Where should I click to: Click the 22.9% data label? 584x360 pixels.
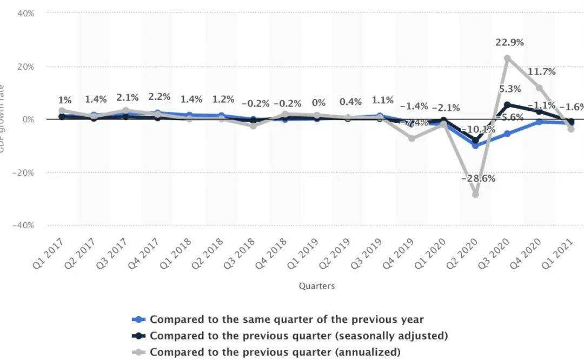[509, 43]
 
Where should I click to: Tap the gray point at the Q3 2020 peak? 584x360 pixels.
[507, 58]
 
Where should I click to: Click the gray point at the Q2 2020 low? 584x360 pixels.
[475, 194]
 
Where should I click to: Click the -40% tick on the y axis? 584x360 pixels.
[24, 225]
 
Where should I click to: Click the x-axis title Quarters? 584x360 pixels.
[316, 286]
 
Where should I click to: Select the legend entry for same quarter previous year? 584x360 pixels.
[287, 319]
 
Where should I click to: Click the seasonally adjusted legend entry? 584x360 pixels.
[298, 336]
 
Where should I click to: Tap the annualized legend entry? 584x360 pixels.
[275, 352]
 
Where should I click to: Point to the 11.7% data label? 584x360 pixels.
[541, 72]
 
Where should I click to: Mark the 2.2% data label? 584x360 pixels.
[159, 97]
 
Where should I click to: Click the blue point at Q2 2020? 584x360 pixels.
[475, 145]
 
